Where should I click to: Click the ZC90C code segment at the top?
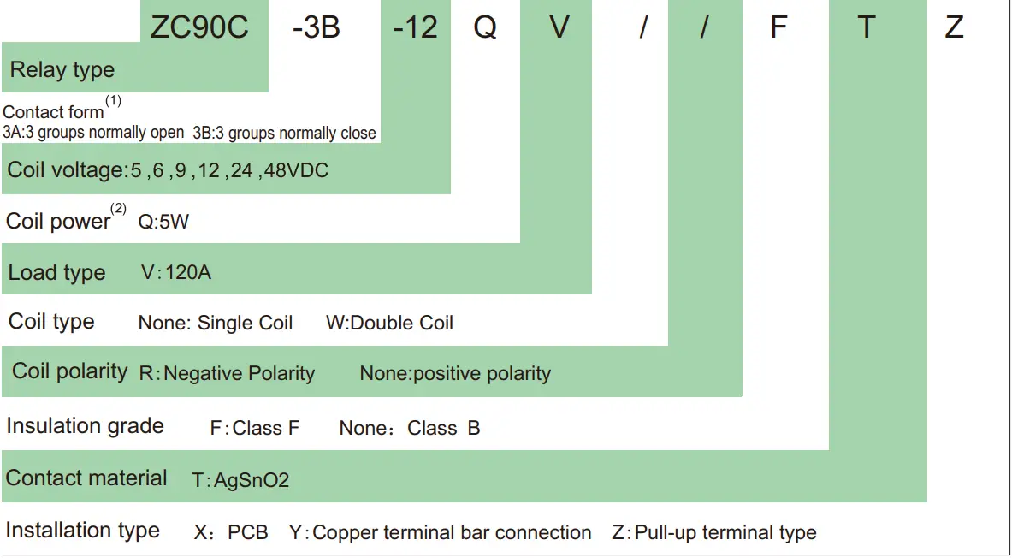tap(198, 27)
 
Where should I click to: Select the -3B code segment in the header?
tap(316, 27)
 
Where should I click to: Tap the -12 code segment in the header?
tap(416, 27)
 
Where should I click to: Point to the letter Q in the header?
tap(485, 27)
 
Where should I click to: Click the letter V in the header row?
tap(559, 27)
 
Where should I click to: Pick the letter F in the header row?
tap(778, 27)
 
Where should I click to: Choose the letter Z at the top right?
tap(954, 27)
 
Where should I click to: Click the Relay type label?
tap(62, 70)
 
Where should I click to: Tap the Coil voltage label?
tap(66, 169)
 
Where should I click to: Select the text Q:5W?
tap(163, 223)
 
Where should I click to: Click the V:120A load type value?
tap(176, 273)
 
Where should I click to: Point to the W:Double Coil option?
tap(389, 323)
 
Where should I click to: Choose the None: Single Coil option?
tap(215, 323)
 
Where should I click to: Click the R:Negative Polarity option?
tap(227, 373)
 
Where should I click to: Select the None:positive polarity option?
tap(455, 373)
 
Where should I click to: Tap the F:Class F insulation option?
tap(255, 427)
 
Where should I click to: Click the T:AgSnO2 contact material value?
tap(240, 480)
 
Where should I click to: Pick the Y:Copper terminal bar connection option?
tap(440, 532)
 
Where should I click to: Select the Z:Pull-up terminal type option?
tap(713, 532)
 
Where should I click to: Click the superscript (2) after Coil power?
tap(118, 209)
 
